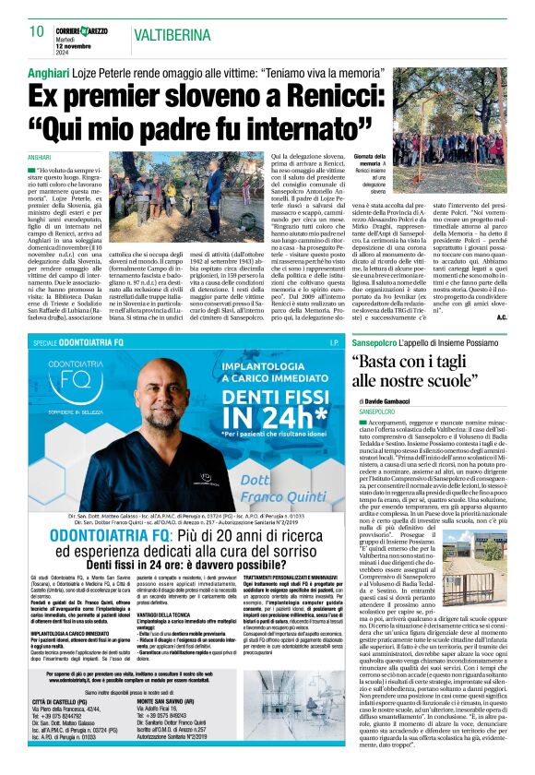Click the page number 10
pyautogui.click(x=37, y=31)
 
